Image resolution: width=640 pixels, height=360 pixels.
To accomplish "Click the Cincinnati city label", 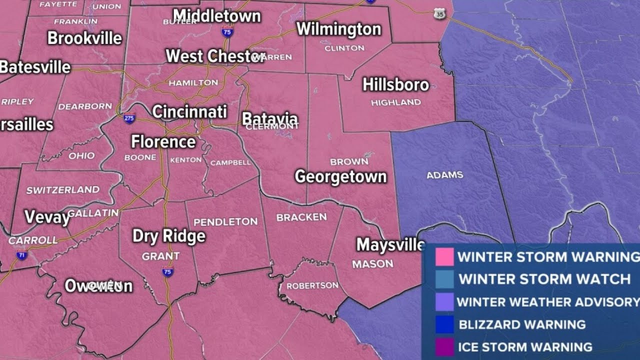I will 189,111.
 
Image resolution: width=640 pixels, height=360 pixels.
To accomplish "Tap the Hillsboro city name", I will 395,85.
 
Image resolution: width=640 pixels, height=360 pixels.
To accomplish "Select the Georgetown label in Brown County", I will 340,176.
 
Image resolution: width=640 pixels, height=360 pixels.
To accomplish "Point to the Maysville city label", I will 390,245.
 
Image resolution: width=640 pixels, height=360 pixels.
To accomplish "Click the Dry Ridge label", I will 168,236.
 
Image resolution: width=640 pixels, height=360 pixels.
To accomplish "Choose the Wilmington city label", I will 338,29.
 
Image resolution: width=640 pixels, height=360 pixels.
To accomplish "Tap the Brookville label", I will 84,38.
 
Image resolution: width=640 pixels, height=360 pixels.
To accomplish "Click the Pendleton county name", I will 225,221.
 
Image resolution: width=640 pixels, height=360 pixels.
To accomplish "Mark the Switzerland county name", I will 63,190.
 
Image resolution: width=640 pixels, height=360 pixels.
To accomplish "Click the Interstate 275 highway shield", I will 129,118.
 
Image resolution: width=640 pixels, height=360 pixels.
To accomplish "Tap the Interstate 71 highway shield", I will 21,255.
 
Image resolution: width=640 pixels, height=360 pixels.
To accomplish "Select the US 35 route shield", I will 439,14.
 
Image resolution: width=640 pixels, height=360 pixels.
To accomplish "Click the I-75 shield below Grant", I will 168,272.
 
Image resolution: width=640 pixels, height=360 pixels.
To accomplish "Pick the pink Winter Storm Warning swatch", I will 444,257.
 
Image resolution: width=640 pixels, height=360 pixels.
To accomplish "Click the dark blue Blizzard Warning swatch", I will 444,324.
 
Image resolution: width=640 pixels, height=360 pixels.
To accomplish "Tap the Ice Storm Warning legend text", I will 525,346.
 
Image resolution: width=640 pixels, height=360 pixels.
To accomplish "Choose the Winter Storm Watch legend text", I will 544,279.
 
